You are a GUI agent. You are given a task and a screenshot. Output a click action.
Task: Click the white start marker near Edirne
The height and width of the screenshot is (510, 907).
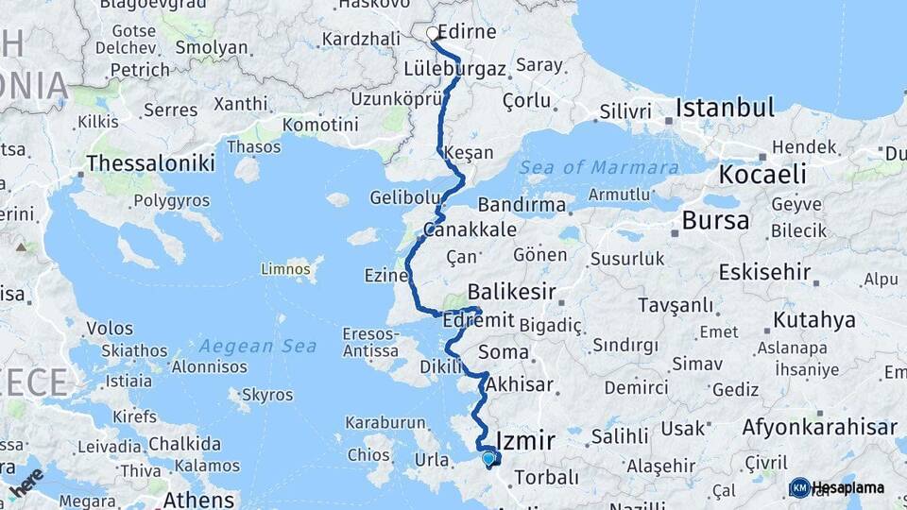pos(433,34)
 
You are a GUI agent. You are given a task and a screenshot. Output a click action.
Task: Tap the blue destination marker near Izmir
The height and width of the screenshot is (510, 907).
pos(488,459)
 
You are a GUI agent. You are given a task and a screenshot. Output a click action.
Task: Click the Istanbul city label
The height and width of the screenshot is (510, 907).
pos(725,107)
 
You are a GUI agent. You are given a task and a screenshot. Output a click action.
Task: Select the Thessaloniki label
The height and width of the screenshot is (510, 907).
pos(150,163)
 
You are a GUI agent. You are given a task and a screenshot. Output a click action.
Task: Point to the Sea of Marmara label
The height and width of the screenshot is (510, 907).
pos(598,168)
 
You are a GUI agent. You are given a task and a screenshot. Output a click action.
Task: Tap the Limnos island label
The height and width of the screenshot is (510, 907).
pos(285,270)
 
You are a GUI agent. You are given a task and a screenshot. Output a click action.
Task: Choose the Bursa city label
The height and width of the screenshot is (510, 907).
pos(715,221)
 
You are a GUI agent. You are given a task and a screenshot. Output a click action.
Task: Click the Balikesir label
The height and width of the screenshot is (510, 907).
pos(511,293)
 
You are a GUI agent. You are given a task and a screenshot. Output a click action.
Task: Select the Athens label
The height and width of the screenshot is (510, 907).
pos(198,499)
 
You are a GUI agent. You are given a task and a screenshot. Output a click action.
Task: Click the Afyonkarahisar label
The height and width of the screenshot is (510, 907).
pos(819,427)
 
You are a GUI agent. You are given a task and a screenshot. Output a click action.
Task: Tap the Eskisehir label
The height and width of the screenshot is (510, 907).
pos(764,273)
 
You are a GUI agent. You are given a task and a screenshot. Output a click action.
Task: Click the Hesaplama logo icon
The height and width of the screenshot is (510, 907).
pos(799,487)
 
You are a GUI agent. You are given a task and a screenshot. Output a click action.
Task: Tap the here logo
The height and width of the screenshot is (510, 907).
pos(26,482)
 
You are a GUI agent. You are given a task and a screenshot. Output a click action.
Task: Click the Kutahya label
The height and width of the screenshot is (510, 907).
pos(813,320)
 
